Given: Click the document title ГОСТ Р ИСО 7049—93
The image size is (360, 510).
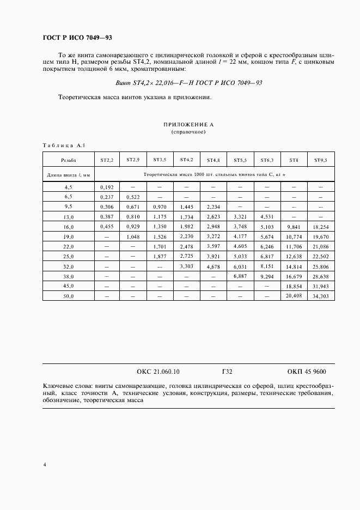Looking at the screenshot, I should [x=77, y=38].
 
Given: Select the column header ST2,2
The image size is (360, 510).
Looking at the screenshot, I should [x=107, y=160].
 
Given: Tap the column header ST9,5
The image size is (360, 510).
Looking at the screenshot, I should [x=321, y=160].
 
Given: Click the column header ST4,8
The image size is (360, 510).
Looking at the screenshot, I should [x=213, y=160].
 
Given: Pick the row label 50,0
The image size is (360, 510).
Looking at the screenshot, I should [x=69, y=296].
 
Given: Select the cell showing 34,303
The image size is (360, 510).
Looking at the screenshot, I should [x=321, y=296].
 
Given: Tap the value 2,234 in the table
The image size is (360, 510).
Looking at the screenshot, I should [x=213, y=207].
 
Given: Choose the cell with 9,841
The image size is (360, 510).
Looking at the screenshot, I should [x=294, y=227].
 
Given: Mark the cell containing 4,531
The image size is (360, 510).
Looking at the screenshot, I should [x=267, y=216].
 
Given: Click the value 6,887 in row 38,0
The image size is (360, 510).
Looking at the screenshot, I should [x=240, y=276].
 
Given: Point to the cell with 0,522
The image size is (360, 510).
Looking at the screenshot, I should [x=133, y=196].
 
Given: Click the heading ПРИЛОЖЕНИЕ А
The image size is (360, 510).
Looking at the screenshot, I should [x=189, y=125].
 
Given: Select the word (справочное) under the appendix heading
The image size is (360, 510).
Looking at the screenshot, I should [x=189, y=132].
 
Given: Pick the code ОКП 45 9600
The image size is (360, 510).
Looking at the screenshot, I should [x=307, y=372].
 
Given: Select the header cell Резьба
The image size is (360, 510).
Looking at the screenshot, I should [x=69, y=160].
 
